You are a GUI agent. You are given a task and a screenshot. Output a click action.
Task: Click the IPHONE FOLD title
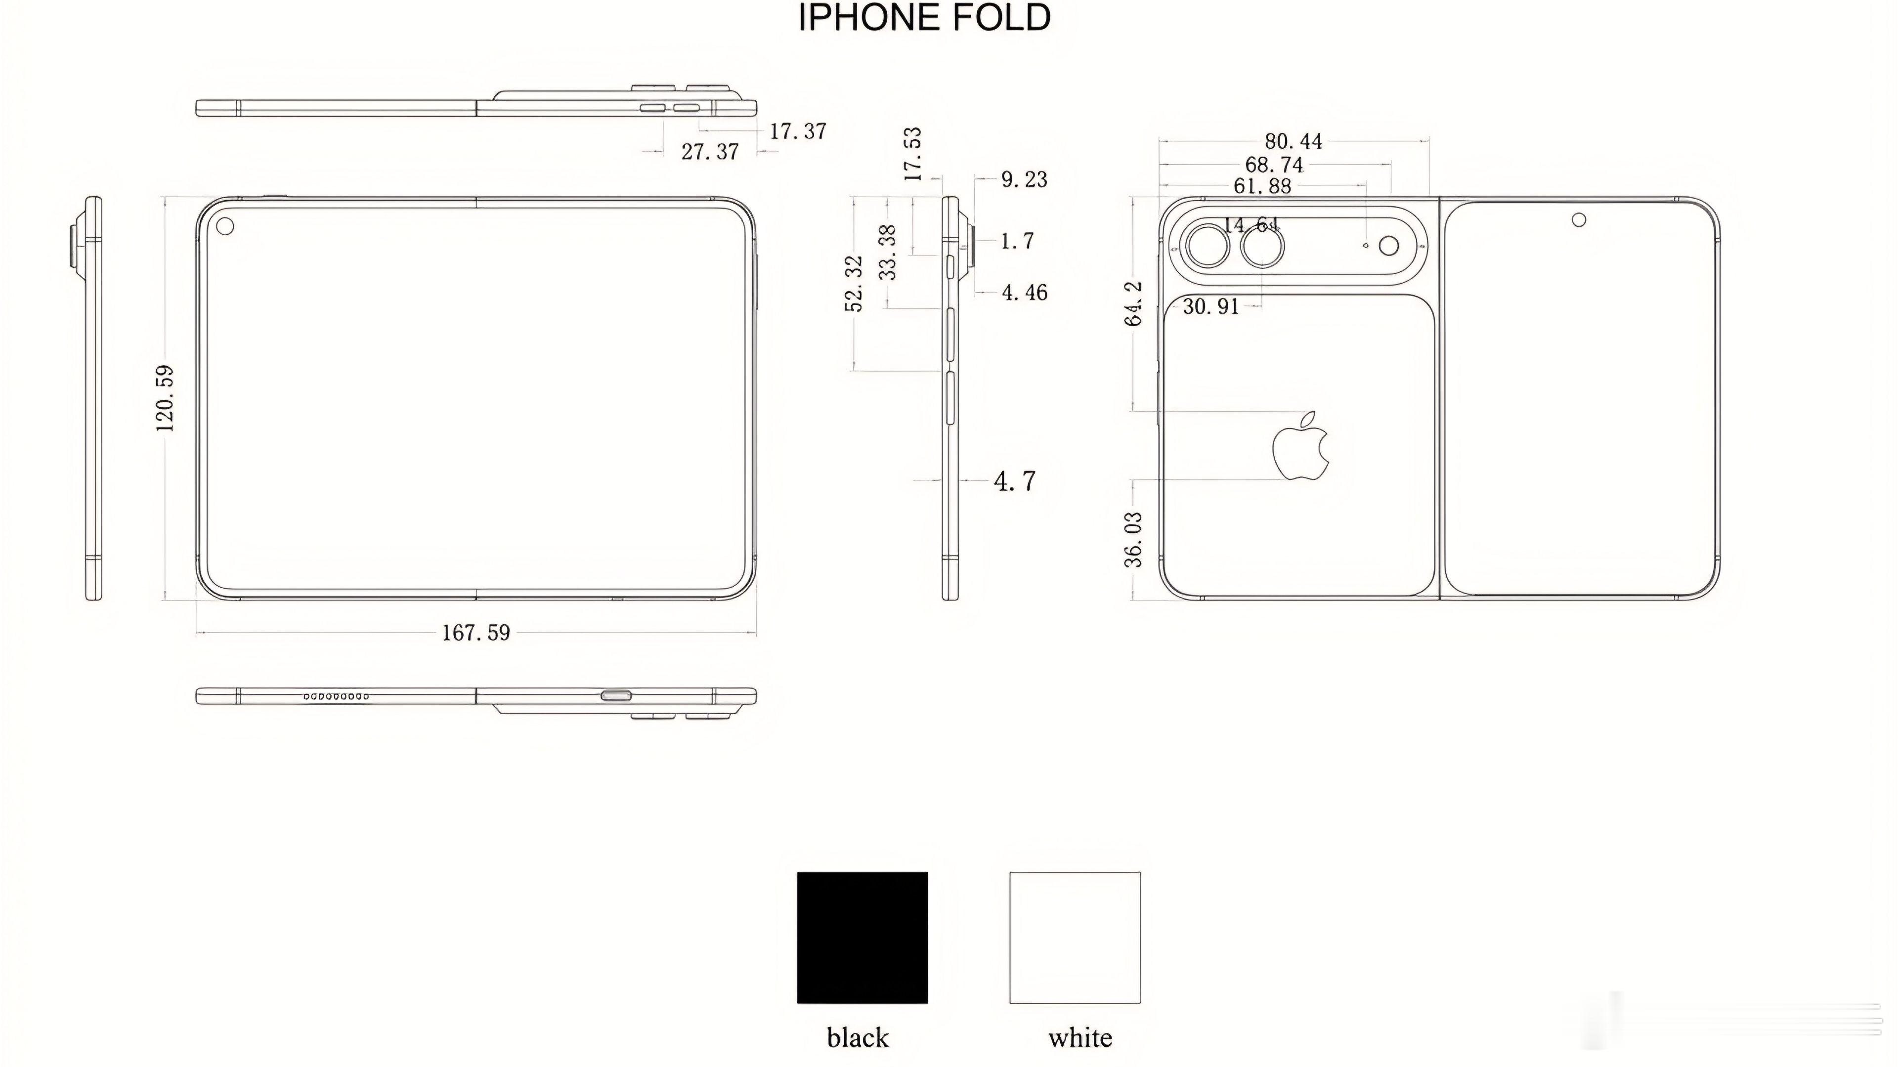point(925,18)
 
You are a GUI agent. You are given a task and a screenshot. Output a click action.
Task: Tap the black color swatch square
point(862,938)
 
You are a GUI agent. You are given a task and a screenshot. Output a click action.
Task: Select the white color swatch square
point(1075,938)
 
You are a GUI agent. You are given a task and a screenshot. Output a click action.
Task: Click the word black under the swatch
point(858,1037)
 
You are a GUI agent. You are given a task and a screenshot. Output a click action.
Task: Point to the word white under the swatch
point(1080,1037)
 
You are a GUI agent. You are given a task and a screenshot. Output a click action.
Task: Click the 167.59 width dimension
point(476,632)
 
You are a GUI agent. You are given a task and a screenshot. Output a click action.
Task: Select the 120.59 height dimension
point(165,398)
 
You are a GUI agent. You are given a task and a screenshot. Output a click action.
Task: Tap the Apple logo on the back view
point(1300,447)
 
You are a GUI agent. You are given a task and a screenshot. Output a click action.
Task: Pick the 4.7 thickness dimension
point(1015,481)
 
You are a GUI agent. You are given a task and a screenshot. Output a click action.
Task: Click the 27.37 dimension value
point(710,152)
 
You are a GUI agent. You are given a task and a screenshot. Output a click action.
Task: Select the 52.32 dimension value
point(854,284)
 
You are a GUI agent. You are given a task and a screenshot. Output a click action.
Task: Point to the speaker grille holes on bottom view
point(336,696)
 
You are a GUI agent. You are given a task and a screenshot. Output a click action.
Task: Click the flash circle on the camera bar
point(1388,246)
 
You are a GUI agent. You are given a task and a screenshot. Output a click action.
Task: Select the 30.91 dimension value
point(1210,306)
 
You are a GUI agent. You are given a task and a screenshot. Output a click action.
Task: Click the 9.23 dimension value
point(1024,179)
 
